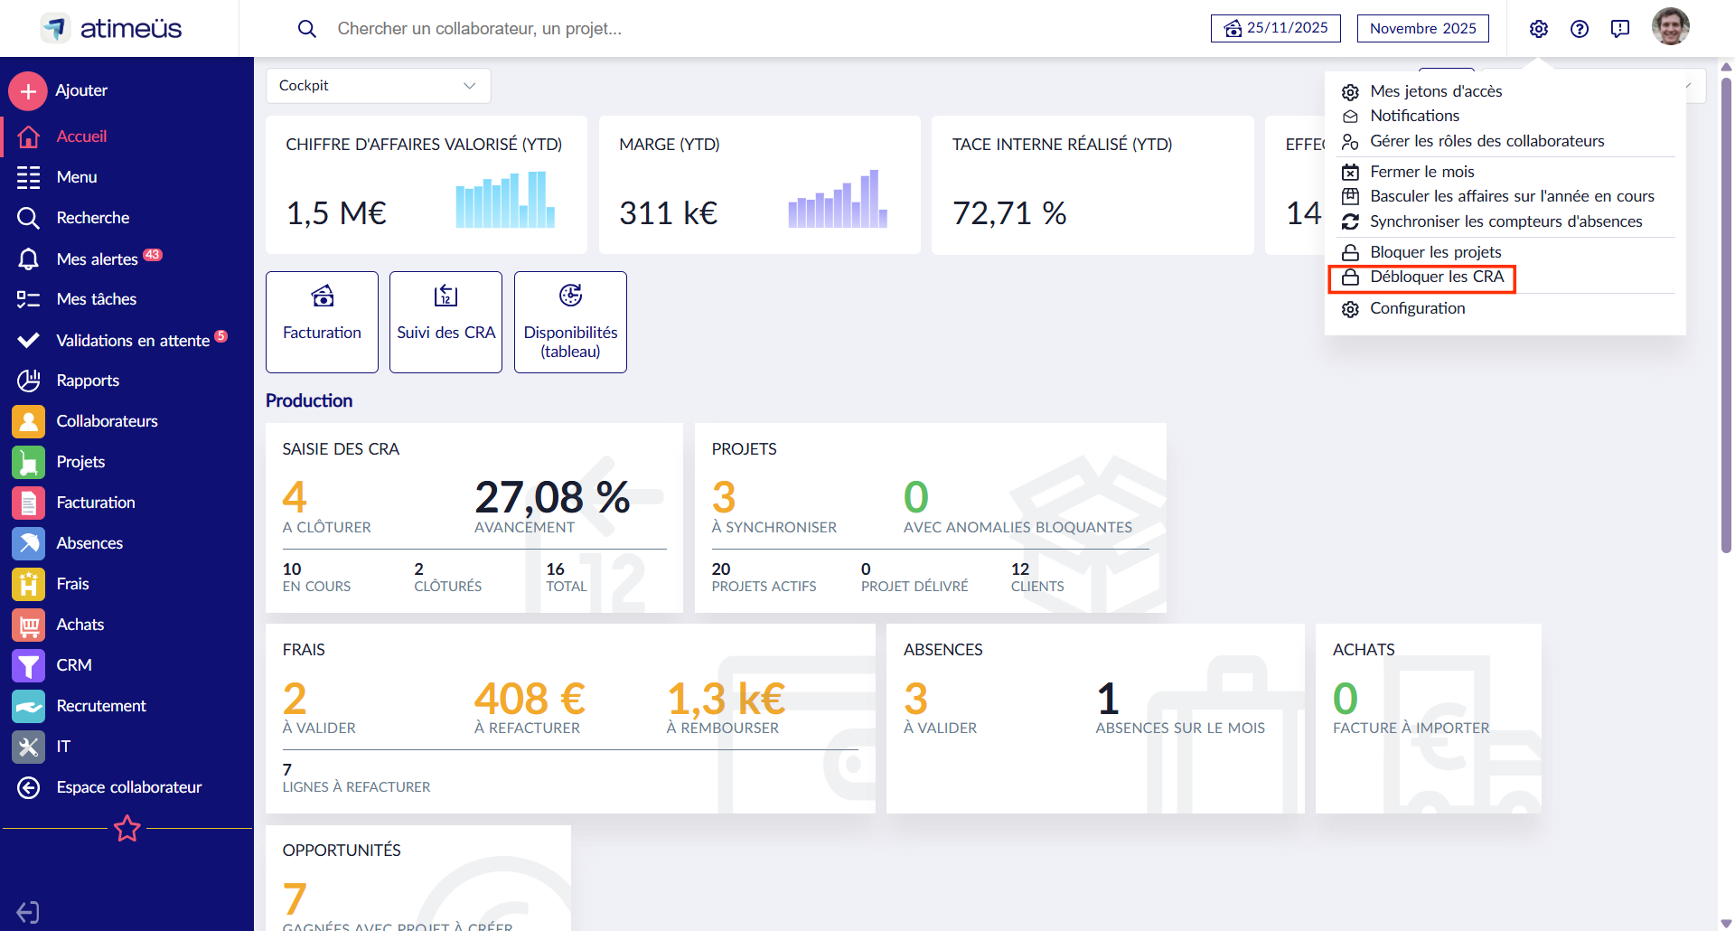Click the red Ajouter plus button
28,90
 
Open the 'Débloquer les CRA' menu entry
1436,277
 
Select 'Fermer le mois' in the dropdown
1421,172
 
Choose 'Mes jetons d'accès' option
1435,91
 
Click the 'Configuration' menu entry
1417,308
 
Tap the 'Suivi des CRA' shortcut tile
445,322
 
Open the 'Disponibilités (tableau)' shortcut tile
570,322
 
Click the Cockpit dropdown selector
378,86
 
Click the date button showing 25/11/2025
1275,28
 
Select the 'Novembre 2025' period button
1422,28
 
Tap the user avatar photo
1670,27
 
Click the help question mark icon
1580,29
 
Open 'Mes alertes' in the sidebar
97,259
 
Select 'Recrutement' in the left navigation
100,706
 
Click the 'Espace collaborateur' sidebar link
128,787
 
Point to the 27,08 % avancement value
552,498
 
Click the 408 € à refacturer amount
530,699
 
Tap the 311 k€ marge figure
668,213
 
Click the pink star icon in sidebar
127,828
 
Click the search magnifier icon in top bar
307,29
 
